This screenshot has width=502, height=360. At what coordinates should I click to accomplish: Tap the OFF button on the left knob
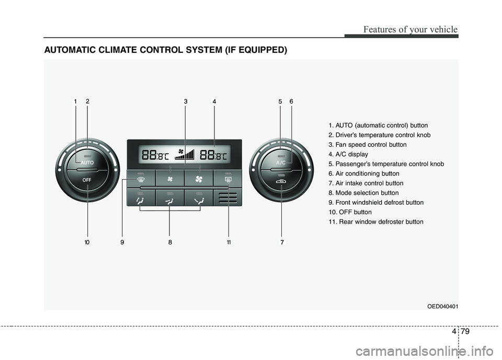click(x=87, y=179)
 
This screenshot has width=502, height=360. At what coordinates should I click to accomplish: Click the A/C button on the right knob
click(x=281, y=162)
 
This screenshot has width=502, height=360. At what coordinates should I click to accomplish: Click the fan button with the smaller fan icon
click(x=170, y=179)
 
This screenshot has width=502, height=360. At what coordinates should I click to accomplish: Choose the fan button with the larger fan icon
click(x=199, y=179)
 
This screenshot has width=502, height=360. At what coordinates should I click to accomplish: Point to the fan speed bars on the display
click(x=186, y=154)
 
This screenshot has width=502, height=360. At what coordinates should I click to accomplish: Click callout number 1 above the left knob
click(x=75, y=102)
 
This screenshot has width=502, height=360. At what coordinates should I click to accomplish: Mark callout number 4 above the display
click(x=214, y=102)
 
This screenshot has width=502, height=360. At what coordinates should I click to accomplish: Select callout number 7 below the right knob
click(x=282, y=242)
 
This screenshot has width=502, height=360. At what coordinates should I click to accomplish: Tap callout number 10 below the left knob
click(x=87, y=242)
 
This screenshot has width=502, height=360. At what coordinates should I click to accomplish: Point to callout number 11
click(x=229, y=242)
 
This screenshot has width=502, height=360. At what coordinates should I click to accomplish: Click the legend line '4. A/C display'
click(x=348, y=154)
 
